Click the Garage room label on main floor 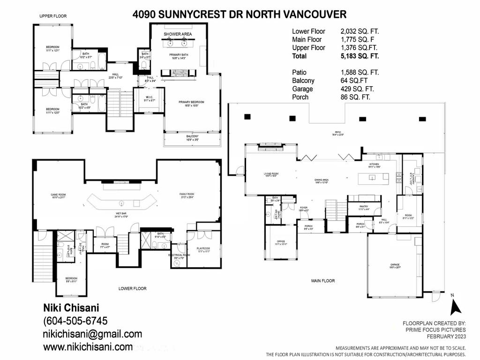click(394, 265)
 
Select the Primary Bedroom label click(191, 103)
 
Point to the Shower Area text click(178, 34)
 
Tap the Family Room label click(187, 194)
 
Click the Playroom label click(203, 248)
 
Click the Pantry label click(364, 206)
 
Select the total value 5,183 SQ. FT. click(360, 56)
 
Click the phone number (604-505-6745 click(75, 321)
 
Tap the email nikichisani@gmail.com click(92, 334)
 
